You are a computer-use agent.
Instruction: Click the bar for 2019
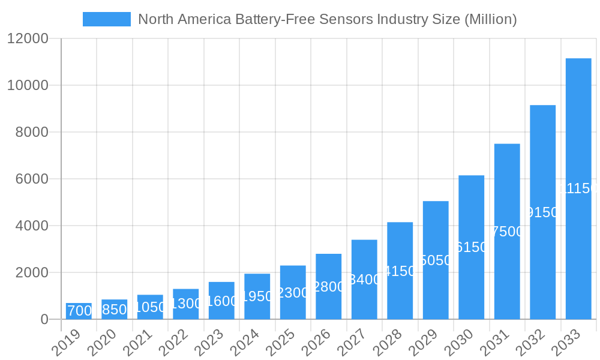click(x=79, y=311)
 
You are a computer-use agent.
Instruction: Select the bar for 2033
click(x=578, y=188)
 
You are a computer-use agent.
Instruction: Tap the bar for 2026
click(x=329, y=286)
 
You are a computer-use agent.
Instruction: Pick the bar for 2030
click(x=472, y=247)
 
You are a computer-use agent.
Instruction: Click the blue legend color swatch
click(x=106, y=19)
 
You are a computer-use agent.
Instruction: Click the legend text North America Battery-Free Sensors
click(x=327, y=19)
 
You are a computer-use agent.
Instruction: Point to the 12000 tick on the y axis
click(x=28, y=38)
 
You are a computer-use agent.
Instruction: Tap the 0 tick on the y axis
click(x=44, y=319)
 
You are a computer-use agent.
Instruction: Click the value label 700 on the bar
click(x=80, y=311)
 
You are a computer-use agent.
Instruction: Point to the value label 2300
click(x=293, y=293)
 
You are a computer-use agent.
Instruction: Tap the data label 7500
click(x=507, y=232)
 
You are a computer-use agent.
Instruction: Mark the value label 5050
click(x=436, y=260)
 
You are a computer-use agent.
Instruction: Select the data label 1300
click(x=186, y=304)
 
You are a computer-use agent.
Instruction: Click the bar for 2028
click(x=400, y=271)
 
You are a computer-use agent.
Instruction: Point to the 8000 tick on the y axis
click(x=31, y=132)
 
